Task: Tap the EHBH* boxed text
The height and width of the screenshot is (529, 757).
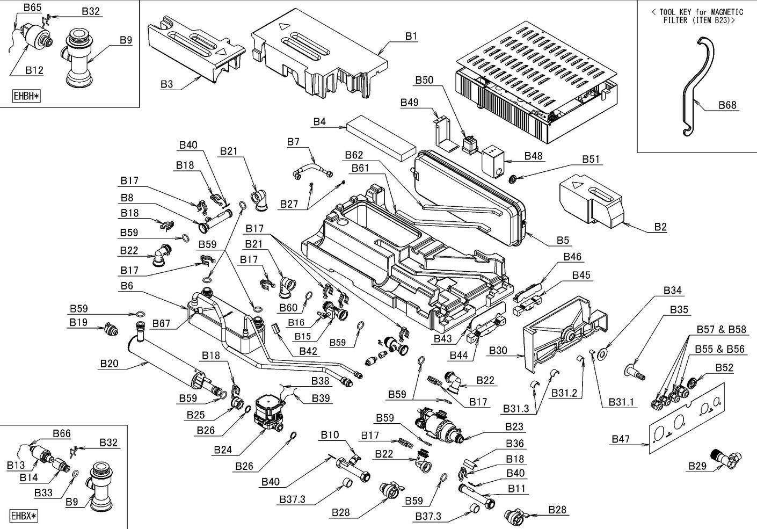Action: (26, 97)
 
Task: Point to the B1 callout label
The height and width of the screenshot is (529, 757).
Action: (411, 36)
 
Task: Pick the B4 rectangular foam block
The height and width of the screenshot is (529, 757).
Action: (381, 137)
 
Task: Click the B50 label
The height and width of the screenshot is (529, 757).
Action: (424, 80)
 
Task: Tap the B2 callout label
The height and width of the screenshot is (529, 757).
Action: (660, 227)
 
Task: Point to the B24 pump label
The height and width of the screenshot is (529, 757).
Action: (222, 450)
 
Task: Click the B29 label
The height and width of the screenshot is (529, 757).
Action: (697, 466)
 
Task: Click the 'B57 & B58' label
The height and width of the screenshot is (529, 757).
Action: (721, 329)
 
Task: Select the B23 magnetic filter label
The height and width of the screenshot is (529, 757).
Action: (514, 427)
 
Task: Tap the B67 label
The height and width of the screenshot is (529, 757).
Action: (161, 323)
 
